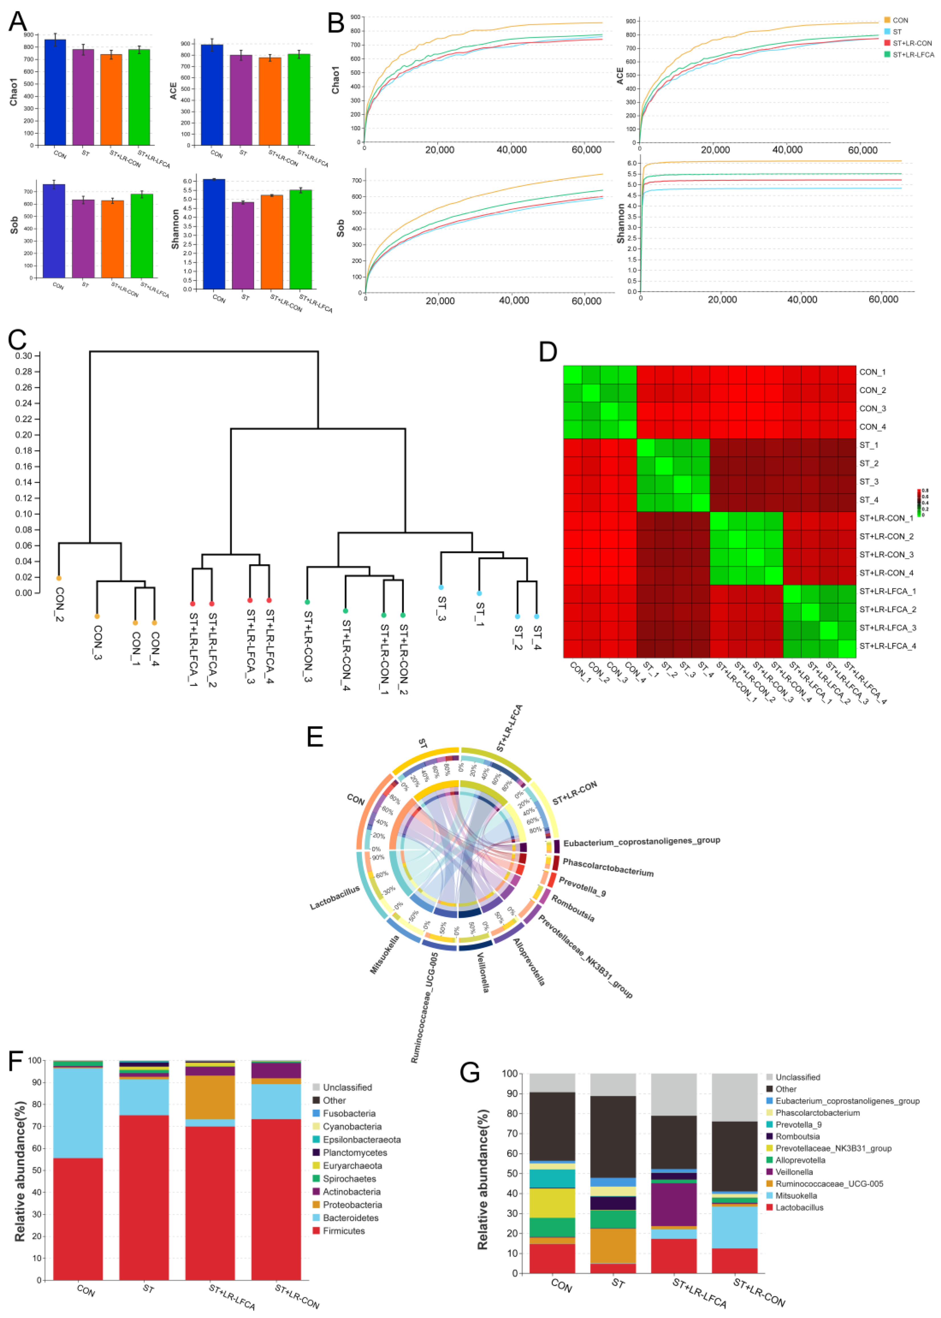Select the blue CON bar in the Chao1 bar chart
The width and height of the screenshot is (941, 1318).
tap(55, 93)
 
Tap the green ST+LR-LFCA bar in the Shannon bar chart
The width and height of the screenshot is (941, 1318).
tap(301, 239)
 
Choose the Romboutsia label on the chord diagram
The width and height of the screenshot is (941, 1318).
tap(573, 908)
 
